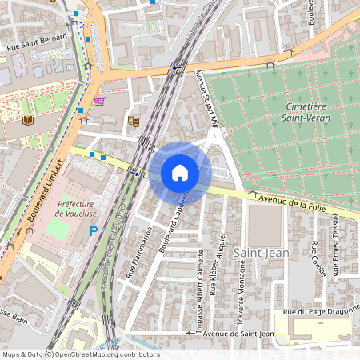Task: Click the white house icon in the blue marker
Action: [180, 173]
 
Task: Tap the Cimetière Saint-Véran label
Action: [308, 112]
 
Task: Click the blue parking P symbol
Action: [93, 231]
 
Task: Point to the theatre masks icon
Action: [134, 121]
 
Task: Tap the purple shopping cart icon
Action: [99, 102]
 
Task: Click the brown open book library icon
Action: [30, 121]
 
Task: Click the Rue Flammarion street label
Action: [138, 252]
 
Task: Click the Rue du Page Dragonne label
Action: [317, 312]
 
